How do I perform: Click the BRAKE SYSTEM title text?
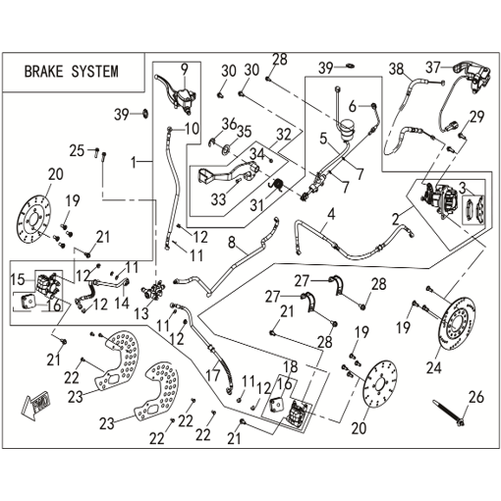(x=72, y=72)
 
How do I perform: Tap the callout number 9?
(x=185, y=69)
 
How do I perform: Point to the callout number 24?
(x=434, y=367)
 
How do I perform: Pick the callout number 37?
(x=433, y=67)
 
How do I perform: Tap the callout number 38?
(x=396, y=69)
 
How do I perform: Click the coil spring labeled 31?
(x=278, y=185)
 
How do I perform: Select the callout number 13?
(x=141, y=313)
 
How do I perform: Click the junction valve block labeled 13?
(x=154, y=289)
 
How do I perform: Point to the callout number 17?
(x=213, y=374)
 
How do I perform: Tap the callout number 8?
(x=232, y=243)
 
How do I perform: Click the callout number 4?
(x=331, y=215)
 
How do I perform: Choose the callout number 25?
(x=77, y=151)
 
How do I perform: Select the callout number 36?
(x=229, y=125)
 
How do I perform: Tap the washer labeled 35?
(x=226, y=150)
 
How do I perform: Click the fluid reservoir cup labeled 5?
(x=347, y=130)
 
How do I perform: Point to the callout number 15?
(x=18, y=280)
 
